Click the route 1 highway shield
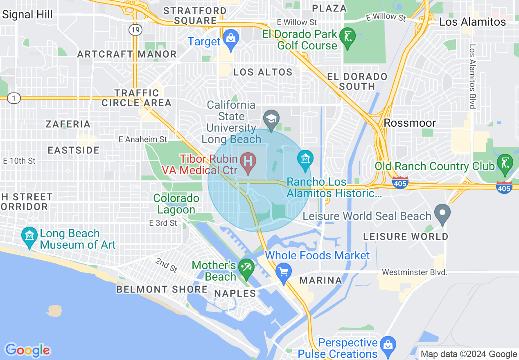click(x=14, y=98)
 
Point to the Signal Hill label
click(x=27, y=14)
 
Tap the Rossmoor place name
click(x=410, y=123)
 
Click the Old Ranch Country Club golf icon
click(x=504, y=164)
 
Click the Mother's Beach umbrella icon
click(x=246, y=268)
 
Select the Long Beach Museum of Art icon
click(x=29, y=237)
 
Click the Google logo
click(x=27, y=350)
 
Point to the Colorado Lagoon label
click(x=176, y=204)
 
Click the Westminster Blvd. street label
click(x=414, y=272)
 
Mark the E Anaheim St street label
click(x=142, y=139)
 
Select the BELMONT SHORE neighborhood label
click(x=162, y=289)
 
